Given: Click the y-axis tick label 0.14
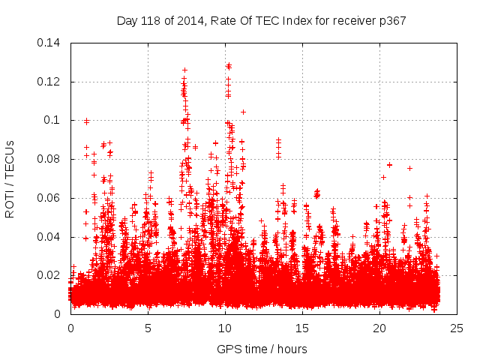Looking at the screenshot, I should click(x=49, y=43).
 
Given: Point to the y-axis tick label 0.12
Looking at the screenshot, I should click(x=49, y=81).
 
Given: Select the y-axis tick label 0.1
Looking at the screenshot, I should click(x=53, y=120).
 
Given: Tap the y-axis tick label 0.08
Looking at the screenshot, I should click(x=49, y=159).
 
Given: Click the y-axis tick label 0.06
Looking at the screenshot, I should click(x=49, y=198).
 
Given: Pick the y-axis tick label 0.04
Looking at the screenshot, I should click(x=49, y=237).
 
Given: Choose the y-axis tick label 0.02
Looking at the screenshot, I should click(x=49, y=275).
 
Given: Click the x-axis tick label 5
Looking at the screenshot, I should click(x=148, y=328).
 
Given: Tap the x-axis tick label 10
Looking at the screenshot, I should click(x=225, y=328).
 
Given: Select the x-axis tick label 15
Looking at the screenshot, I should click(x=302, y=328).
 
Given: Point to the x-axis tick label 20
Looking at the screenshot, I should click(x=379, y=328).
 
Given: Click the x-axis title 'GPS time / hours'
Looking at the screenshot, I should click(x=262, y=349).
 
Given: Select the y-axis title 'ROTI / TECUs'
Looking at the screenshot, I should click(x=10, y=178).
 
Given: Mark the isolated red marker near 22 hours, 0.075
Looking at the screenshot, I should click(x=409, y=168).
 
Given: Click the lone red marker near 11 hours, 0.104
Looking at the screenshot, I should click(x=243, y=112).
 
